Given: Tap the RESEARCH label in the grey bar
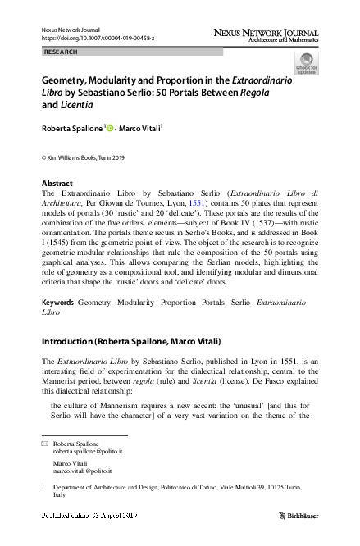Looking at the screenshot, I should pos(60,52).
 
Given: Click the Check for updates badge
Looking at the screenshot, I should pos(307,64).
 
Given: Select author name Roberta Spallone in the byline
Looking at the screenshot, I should pos(71,128).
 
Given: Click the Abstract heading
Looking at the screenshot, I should pos(57,183).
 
